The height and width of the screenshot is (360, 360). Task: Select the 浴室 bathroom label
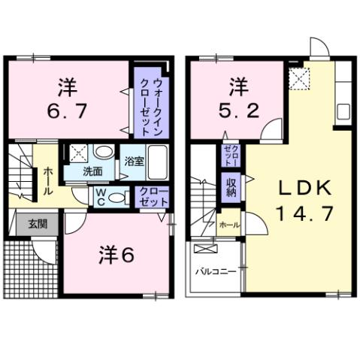click(134, 161)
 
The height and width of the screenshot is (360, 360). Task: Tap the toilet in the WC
click(113, 197)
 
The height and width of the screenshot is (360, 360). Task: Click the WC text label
click(98, 196)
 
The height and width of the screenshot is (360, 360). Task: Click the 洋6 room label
click(116, 256)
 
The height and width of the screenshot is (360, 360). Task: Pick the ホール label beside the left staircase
click(47, 182)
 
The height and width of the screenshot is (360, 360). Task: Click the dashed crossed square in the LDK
click(301, 77)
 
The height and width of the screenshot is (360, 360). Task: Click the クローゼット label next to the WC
click(153, 197)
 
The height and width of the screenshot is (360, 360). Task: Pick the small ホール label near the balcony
click(228, 225)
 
